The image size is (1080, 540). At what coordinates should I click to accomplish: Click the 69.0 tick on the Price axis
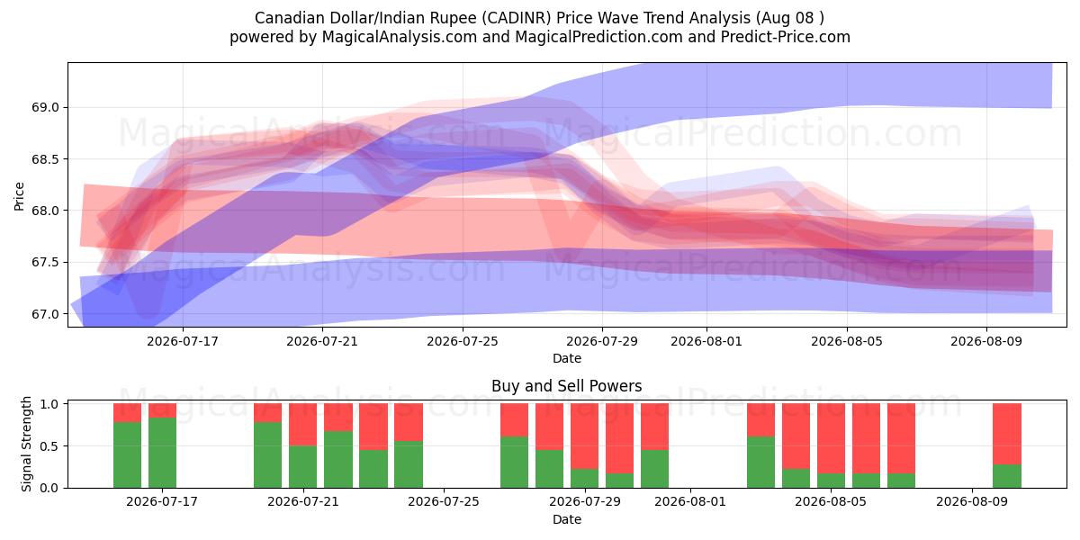[x=45, y=107]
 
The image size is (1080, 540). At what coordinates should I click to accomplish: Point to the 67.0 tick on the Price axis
[x=45, y=314]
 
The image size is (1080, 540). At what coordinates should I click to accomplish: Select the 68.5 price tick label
[x=45, y=159]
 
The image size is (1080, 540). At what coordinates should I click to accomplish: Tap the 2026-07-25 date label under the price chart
[x=463, y=341]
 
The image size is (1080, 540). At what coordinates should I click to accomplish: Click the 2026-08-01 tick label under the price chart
[x=706, y=341]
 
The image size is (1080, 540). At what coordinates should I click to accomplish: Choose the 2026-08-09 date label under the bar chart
[x=972, y=502]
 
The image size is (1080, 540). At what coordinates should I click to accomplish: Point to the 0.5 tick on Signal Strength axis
[x=49, y=446]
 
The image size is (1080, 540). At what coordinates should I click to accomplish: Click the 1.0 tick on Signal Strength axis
[x=49, y=404]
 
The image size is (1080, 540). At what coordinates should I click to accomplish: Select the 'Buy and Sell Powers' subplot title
[x=566, y=386]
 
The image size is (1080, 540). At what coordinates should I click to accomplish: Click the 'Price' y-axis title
[x=19, y=196]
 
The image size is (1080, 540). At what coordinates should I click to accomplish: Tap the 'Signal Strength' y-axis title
[x=26, y=444]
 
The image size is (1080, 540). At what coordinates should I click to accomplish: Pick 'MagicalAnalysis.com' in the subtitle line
[x=400, y=37]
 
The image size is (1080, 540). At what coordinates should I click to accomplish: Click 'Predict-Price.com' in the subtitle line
[x=786, y=37]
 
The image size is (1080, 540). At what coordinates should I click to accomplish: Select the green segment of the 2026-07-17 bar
[x=163, y=453]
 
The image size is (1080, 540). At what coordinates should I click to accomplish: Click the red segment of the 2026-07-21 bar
[x=302, y=425]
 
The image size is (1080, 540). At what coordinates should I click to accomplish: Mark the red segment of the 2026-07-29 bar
[x=584, y=436]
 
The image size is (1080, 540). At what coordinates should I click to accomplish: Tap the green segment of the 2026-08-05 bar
[x=831, y=481]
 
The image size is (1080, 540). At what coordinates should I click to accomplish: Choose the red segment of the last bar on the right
[x=1007, y=434]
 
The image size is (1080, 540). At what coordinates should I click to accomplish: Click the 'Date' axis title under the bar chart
[x=566, y=519]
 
